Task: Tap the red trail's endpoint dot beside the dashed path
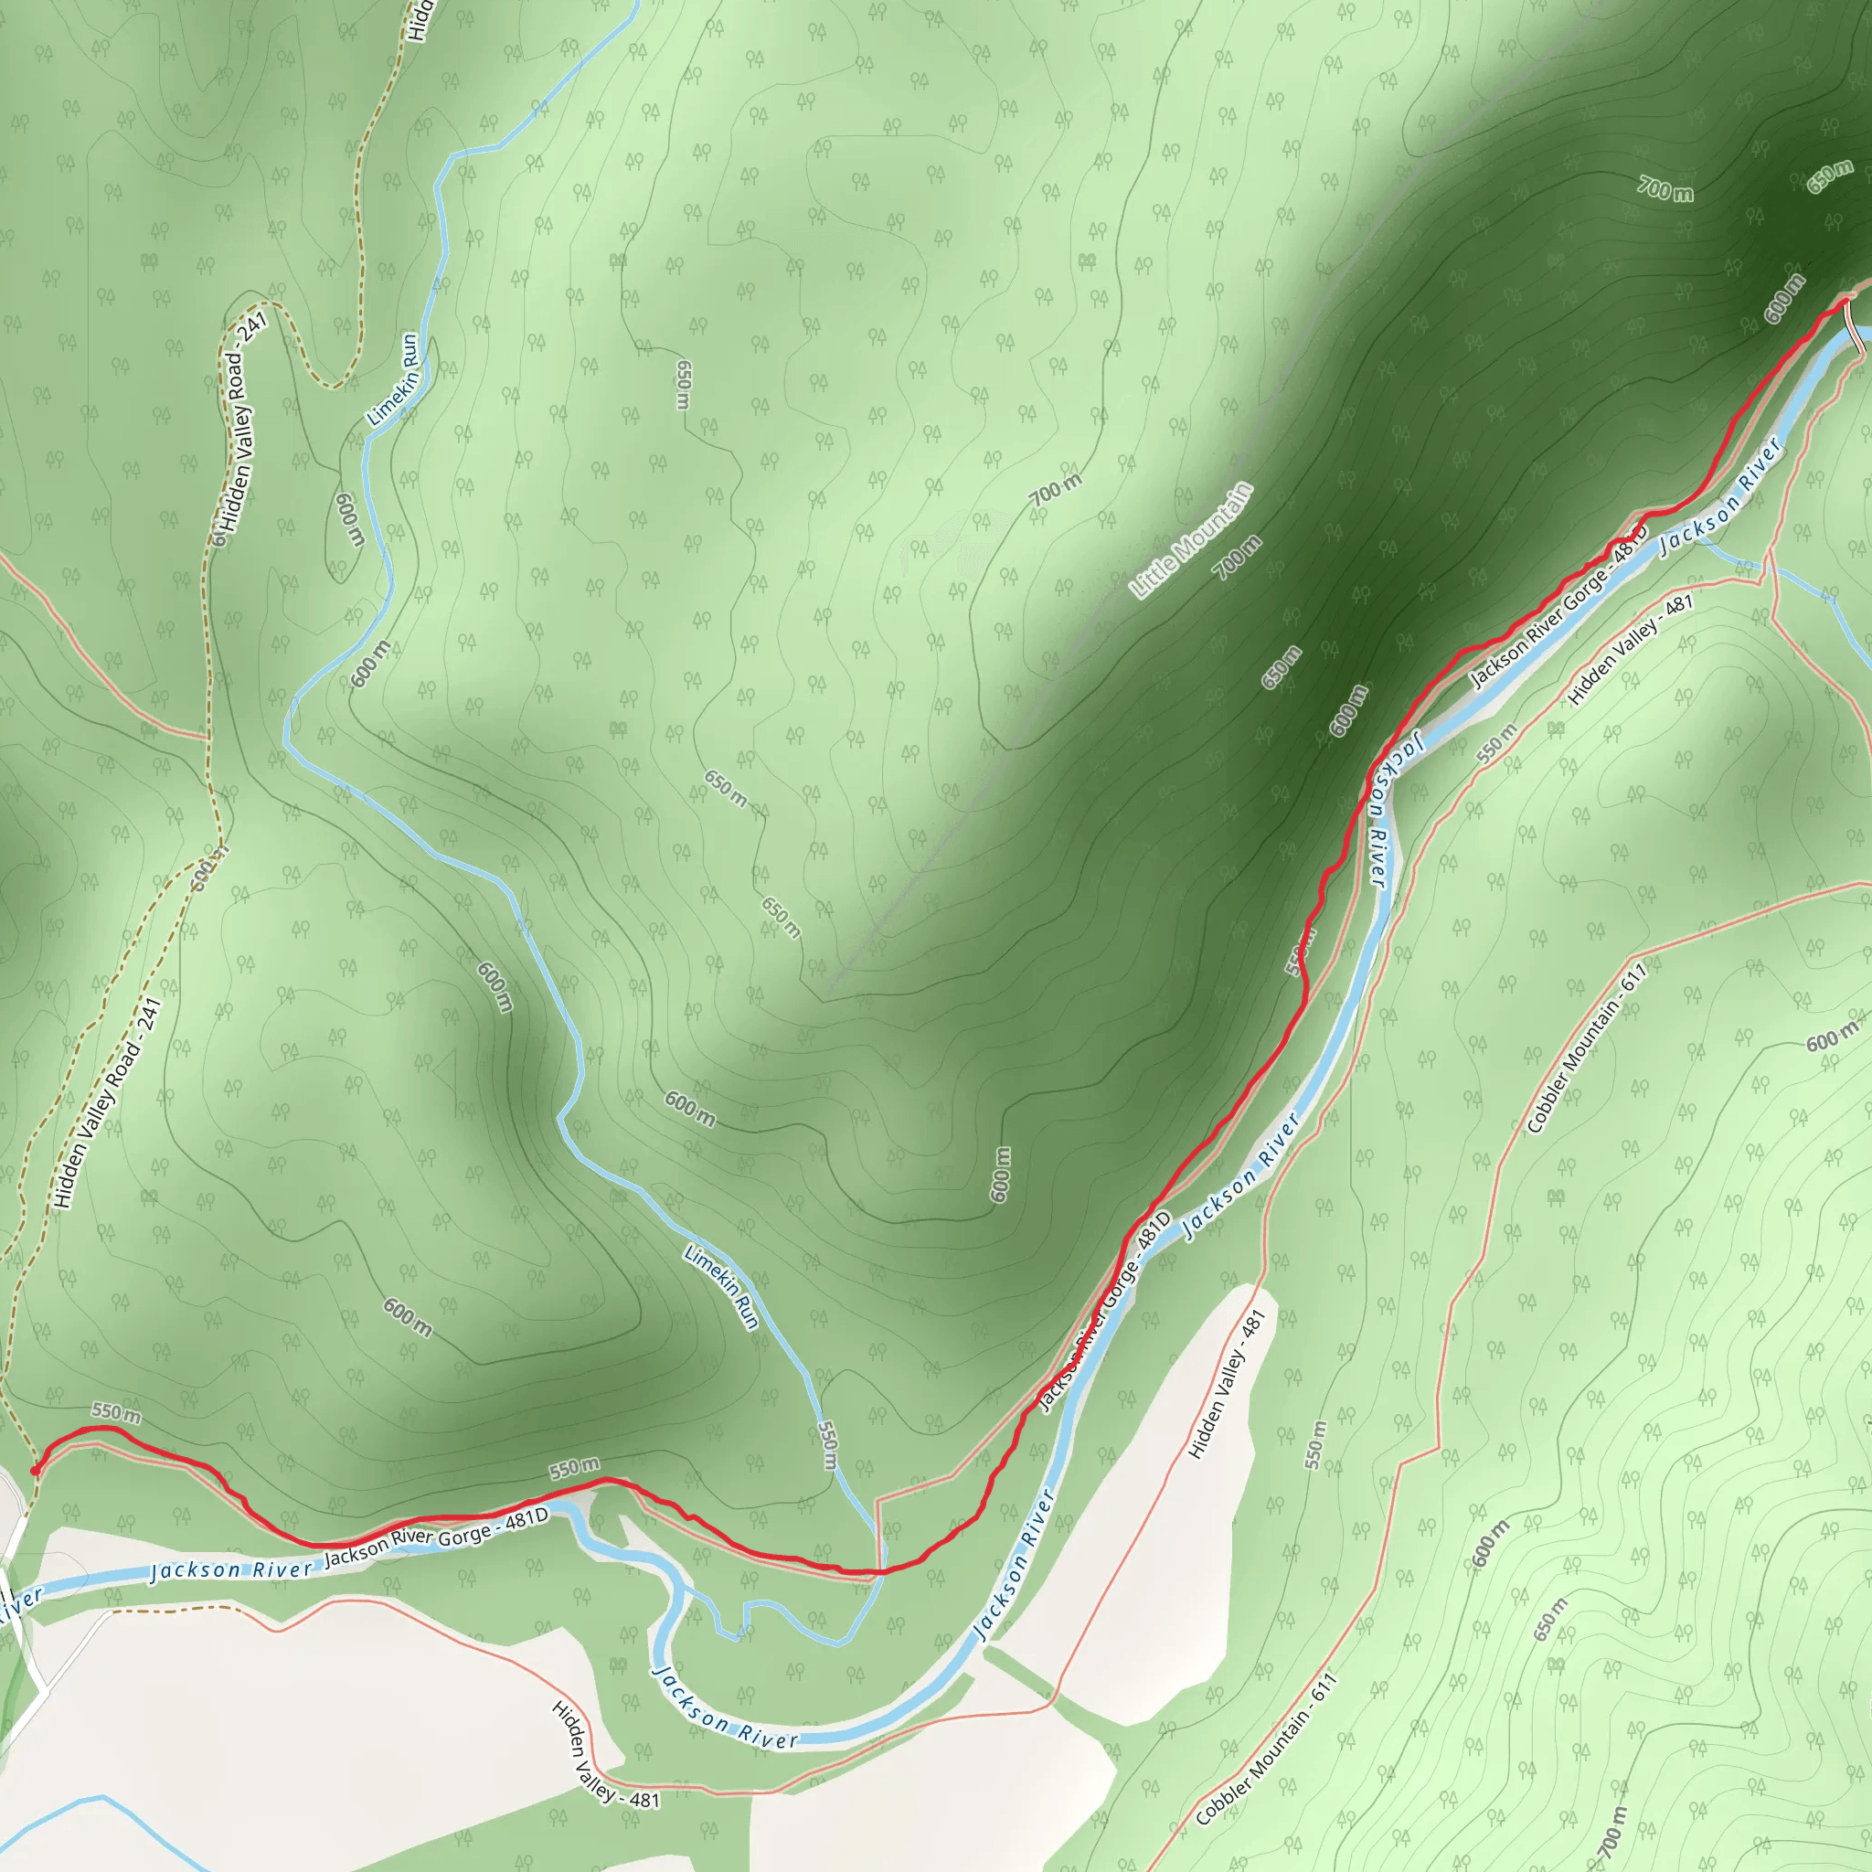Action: pyautogui.click(x=36, y=1471)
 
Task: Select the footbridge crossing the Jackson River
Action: pyautogui.click(x=1854, y=325)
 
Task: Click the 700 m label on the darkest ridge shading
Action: pyautogui.click(x=1665, y=188)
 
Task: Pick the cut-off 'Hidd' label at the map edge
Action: pyautogui.click(x=419, y=19)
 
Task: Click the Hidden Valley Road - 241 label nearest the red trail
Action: pyautogui.click(x=107, y=1102)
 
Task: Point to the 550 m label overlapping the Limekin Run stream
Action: pyautogui.click(x=826, y=1443)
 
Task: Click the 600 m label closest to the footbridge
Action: pyautogui.click(x=1782, y=298)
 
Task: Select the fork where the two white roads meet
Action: pyautogui.click(x=43, y=1692)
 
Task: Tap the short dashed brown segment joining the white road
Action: pyautogui.click(x=175, y=1609)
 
